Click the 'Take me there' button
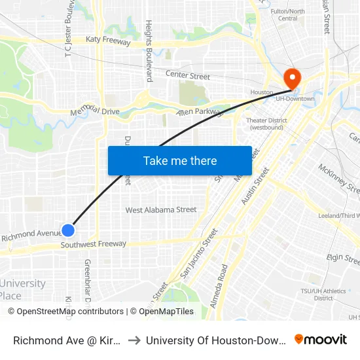tap(180, 160)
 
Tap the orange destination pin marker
tap(292, 79)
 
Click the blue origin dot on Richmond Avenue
tap(68, 230)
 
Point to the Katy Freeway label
tap(108, 41)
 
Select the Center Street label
tap(187, 76)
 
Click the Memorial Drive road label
tap(94, 111)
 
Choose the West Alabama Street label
tap(161, 209)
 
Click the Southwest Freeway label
tap(93, 244)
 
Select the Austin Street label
tap(255, 185)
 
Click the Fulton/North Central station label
tap(287, 14)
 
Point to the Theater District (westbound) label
tap(264, 124)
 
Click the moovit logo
tap(320, 339)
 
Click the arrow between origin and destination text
tap(133, 340)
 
